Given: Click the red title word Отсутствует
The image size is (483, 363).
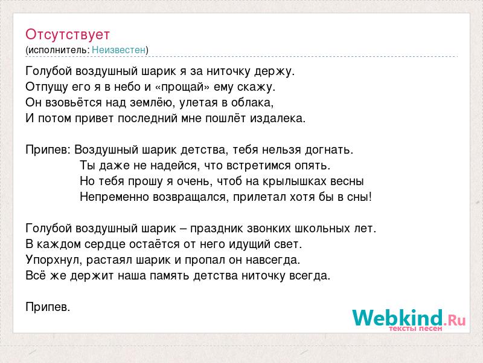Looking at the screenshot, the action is (68, 34).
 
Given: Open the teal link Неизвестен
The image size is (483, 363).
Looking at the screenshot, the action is (118, 50).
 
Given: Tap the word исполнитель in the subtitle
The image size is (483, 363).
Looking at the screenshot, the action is (58, 50).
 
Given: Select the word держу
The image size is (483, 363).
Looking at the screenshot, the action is (275, 71).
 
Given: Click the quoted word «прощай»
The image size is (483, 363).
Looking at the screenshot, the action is (183, 87).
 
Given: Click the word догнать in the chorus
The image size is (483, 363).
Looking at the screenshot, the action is (329, 150).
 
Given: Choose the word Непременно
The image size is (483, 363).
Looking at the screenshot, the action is (115, 197).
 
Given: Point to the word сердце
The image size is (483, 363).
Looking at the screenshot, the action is (105, 244).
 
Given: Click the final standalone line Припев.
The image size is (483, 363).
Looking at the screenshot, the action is (48, 307).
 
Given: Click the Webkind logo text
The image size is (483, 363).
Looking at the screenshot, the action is (398, 318).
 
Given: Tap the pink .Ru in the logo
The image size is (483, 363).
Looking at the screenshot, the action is (455, 320).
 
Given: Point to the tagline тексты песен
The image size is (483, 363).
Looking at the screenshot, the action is (415, 329).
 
